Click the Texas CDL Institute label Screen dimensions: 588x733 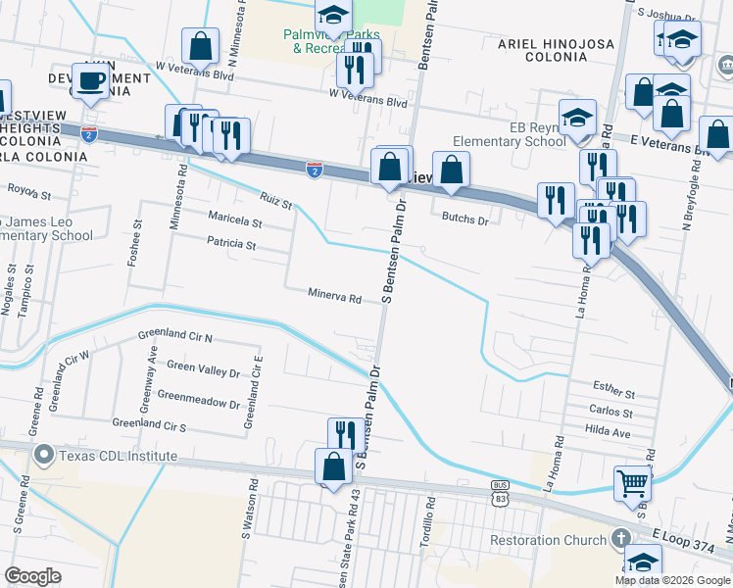[119, 456]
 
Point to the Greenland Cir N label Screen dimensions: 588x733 [175, 336]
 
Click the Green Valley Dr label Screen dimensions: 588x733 [204, 371]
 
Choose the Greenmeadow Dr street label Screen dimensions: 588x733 [199, 403]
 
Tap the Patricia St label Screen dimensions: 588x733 [231, 245]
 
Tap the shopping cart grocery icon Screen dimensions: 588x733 [631, 482]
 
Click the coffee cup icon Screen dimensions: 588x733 [91, 81]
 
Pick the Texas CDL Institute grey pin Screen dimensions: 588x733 [43, 456]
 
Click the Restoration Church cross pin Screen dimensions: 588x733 [619, 538]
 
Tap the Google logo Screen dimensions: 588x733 [33, 576]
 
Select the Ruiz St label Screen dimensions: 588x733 [277, 202]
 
